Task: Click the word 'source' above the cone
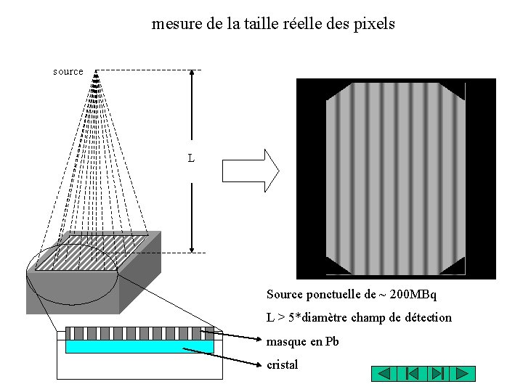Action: pos(68,71)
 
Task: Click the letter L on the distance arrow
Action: pos(191,158)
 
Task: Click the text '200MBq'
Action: pos(413,295)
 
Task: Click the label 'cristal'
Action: pos(283,364)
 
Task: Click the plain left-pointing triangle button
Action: pos(384,374)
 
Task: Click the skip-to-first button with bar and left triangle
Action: pos(410,374)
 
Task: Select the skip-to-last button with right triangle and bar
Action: pos(437,374)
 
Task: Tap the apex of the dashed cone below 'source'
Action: pos(97,70)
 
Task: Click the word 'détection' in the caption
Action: pos(427,317)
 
